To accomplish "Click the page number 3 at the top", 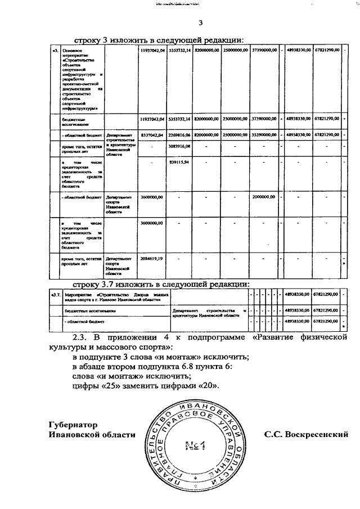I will coord(200,23).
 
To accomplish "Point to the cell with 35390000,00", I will coord(264,136).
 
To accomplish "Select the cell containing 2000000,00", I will coord(264,197).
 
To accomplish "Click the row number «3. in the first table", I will coord(55,51).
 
